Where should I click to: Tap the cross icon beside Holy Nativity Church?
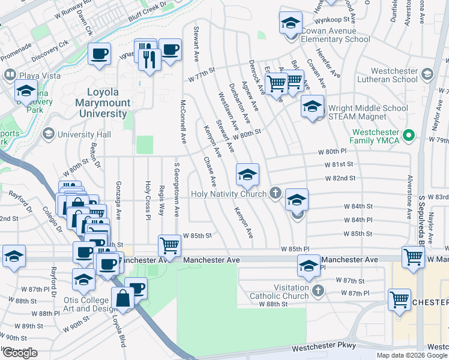tap(276, 193)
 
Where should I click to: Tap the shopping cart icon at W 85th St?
tap(169, 245)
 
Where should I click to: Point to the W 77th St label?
tap(201, 77)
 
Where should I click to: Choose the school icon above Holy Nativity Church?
tap(247, 174)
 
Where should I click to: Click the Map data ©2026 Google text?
tap(412, 355)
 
